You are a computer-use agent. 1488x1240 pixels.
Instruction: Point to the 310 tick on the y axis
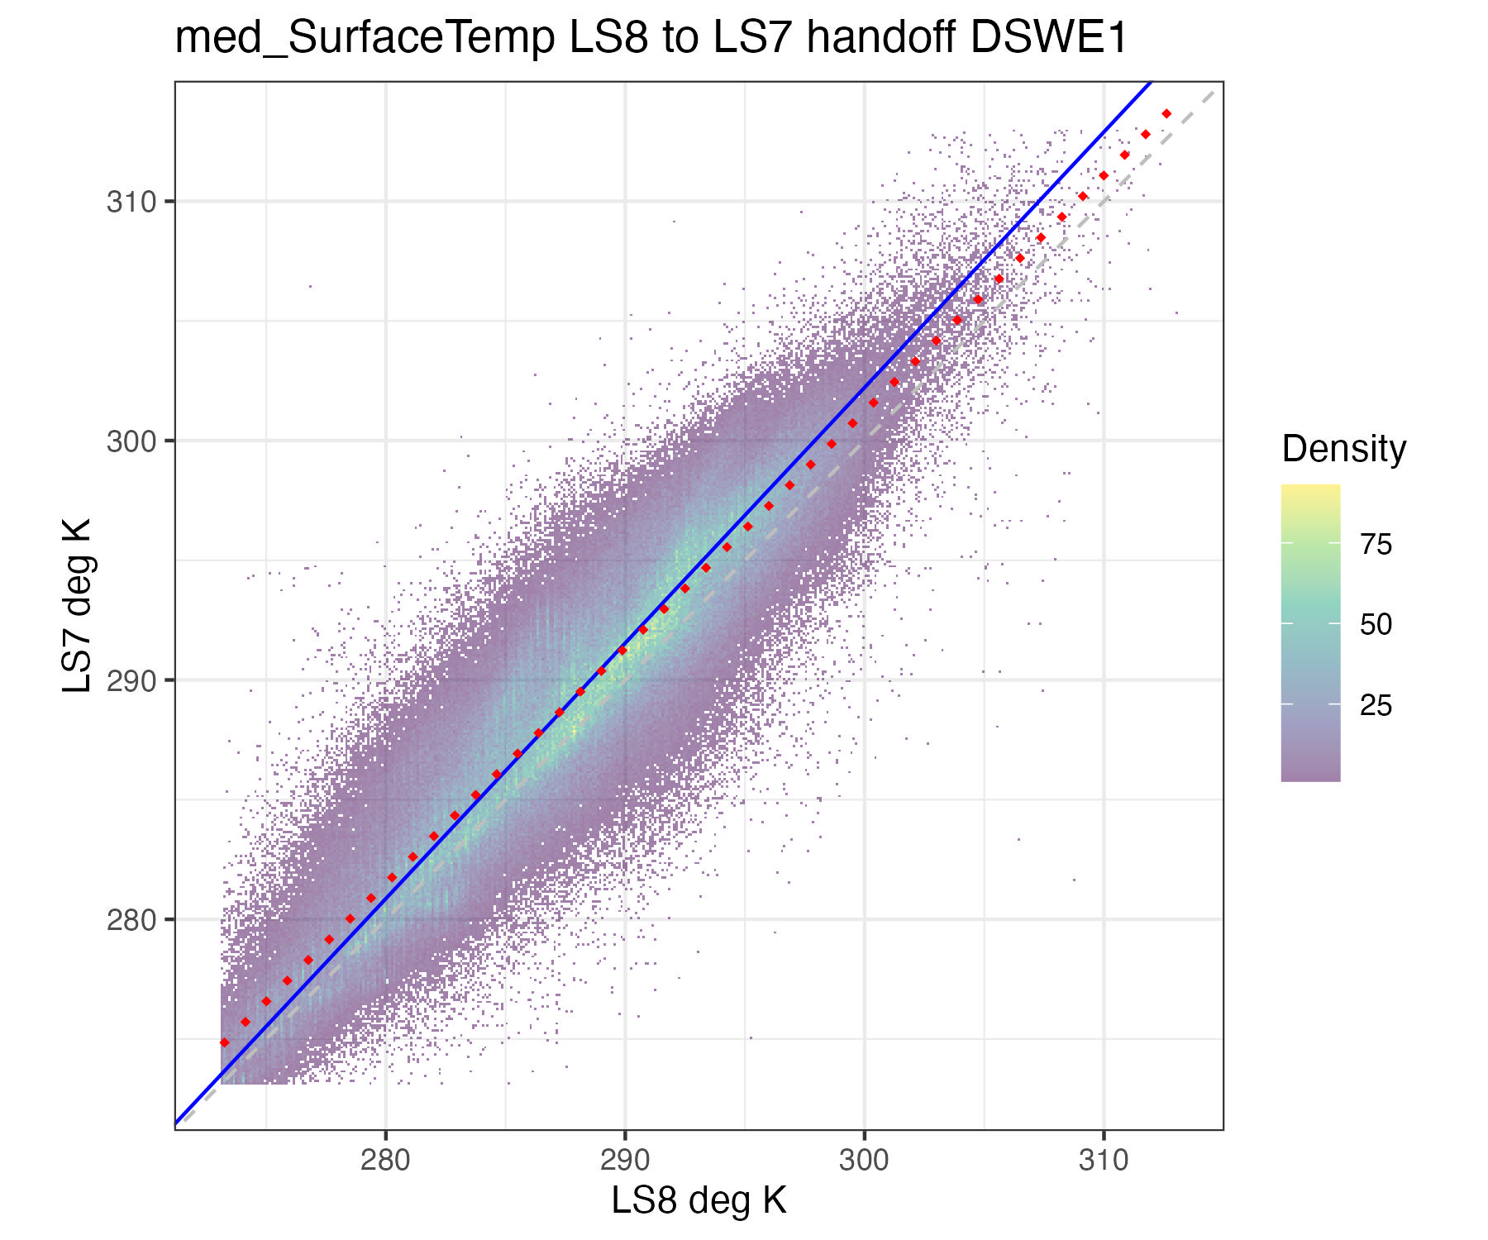[131, 202]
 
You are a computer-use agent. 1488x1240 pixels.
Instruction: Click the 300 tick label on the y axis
[131, 441]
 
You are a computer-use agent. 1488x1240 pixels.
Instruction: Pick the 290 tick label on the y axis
[131, 681]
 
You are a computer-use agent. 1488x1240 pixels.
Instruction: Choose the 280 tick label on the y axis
[131, 920]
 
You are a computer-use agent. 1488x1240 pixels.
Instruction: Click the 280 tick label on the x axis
[385, 1161]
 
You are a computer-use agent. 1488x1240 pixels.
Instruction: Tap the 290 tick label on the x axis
[625, 1161]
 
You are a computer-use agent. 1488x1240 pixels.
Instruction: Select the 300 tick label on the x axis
[864, 1161]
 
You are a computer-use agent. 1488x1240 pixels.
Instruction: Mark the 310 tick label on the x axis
[1104, 1161]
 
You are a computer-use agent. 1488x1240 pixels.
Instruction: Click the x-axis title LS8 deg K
[699, 1200]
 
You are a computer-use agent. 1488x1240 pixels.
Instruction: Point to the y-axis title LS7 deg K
[78, 606]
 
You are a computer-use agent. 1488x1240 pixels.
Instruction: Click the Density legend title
[1343, 449]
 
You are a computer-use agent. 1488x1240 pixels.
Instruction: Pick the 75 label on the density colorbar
[1376, 545]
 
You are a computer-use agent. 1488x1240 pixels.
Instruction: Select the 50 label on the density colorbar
[1376, 625]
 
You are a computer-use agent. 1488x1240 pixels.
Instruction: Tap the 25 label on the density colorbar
[1376, 705]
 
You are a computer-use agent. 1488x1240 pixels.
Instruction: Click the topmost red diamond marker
[1166, 113]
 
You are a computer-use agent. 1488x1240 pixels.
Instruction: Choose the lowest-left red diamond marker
[224, 1042]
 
